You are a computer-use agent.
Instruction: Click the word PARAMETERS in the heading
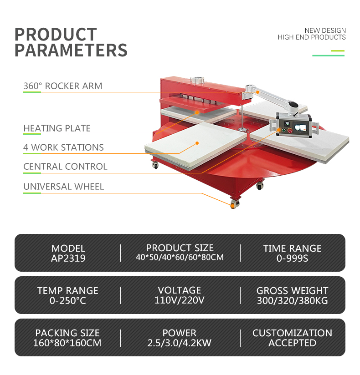click(x=71, y=50)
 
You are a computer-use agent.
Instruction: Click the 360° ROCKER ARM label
click(x=63, y=86)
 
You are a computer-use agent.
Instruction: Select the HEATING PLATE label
click(x=57, y=128)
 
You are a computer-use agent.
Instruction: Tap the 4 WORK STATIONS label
click(x=63, y=147)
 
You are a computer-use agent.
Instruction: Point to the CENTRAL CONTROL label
click(x=65, y=167)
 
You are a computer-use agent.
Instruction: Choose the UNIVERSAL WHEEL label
click(x=64, y=187)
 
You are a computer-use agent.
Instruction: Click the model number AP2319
click(x=68, y=258)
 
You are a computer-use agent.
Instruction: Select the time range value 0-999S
click(x=292, y=258)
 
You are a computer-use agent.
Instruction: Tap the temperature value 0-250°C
click(x=68, y=301)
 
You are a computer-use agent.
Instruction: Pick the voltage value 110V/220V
click(x=180, y=300)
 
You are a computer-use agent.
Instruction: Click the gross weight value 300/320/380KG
click(x=292, y=301)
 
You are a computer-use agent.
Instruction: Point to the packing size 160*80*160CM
click(x=67, y=343)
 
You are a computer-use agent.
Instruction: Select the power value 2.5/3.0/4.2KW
click(x=180, y=343)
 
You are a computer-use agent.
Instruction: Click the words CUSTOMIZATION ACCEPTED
click(x=292, y=338)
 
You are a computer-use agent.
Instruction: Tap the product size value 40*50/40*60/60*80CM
click(x=180, y=257)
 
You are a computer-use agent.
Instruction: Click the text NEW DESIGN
click(x=325, y=30)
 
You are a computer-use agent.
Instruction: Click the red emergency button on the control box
click(x=290, y=131)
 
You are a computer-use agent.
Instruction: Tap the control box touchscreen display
click(x=300, y=128)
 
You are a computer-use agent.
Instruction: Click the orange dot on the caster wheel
click(x=232, y=205)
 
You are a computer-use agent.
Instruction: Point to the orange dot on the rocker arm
click(x=257, y=92)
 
